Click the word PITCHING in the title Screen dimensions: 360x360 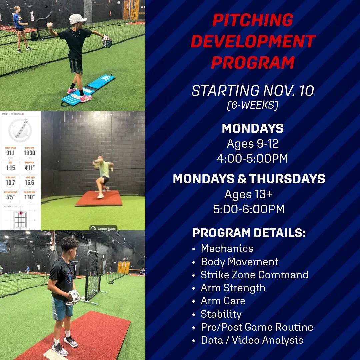pyautogui.click(x=253, y=20)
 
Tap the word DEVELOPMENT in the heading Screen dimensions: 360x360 pyautogui.click(x=253, y=41)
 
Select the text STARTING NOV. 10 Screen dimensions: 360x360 pyautogui.click(x=253, y=91)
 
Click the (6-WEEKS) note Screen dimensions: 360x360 pyautogui.click(x=253, y=106)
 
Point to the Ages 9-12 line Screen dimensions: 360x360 pyautogui.click(x=253, y=144)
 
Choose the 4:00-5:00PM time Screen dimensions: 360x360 pyautogui.click(x=253, y=158)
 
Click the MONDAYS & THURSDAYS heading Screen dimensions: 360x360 pyautogui.click(x=249, y=179)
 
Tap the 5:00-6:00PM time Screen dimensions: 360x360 pyautogui.click(x=249, y=209)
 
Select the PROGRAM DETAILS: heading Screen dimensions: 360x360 pyautogui.click(x=249, y=233)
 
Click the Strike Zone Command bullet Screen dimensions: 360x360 pyautogui.click(x=254, y=275)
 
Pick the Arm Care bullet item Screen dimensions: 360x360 pyautogui.click(x=223, y=301)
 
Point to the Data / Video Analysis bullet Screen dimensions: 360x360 pyautogui.click(x=252, y=340)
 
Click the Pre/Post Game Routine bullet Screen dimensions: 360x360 pyautogui.click(x=257, y=327)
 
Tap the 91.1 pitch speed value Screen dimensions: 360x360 pyautogui.click(x=11, y=153)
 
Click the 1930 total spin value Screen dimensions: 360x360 pyautogui.click(x=29, y=153)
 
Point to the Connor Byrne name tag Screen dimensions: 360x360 pyautogui.click(x=103, y=228)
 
